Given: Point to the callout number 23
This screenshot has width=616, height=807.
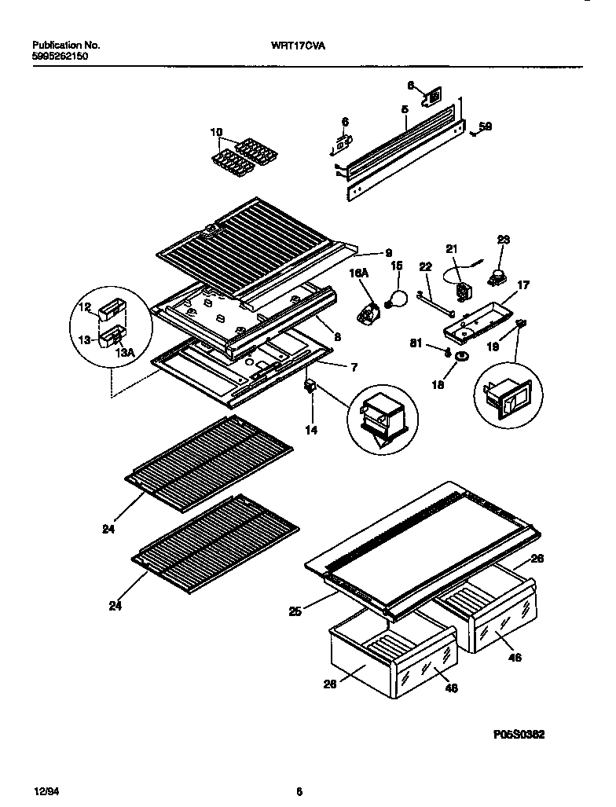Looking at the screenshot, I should tap(504, 240).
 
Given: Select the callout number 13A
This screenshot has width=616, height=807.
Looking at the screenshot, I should tap(126, 354).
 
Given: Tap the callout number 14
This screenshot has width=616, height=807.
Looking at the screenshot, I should tap(311, 431).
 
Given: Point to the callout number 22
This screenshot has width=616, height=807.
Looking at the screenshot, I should tap(425, 269).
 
